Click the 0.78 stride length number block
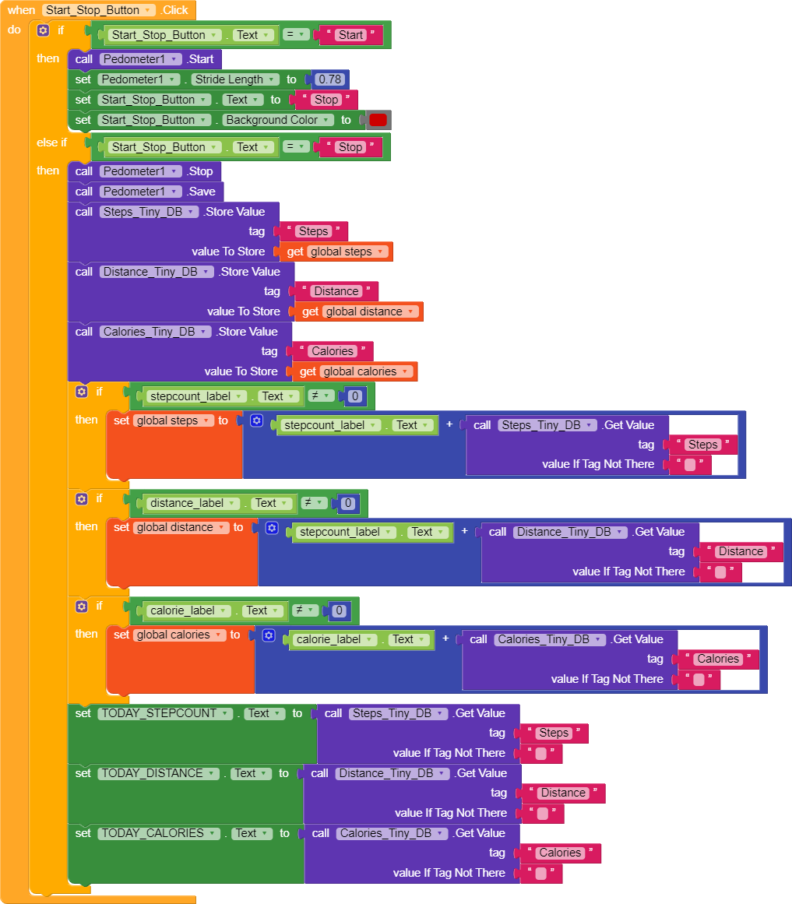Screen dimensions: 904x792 pyautogui.click(x=330, y=79)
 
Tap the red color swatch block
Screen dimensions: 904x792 pyautogui.click(x=378, y=120)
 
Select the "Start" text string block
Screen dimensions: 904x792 pyautogui.click(x=350, y=35)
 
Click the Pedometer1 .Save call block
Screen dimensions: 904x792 pyautogui.click(x=201, y=192)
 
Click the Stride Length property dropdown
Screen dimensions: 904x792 pyautogui.click(x=234, y=79)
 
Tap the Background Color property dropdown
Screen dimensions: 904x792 pyautogui.click(x=277, y=120)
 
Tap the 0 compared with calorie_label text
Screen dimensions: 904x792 pyautogui.click(x=339, y=611)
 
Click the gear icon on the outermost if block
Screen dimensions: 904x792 pyautogui.click(x=43, y=30)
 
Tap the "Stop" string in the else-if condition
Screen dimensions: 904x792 pyautogui.click(x=350, y=147)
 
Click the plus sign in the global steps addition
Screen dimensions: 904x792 pyautogui.click(x=449, y=425)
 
